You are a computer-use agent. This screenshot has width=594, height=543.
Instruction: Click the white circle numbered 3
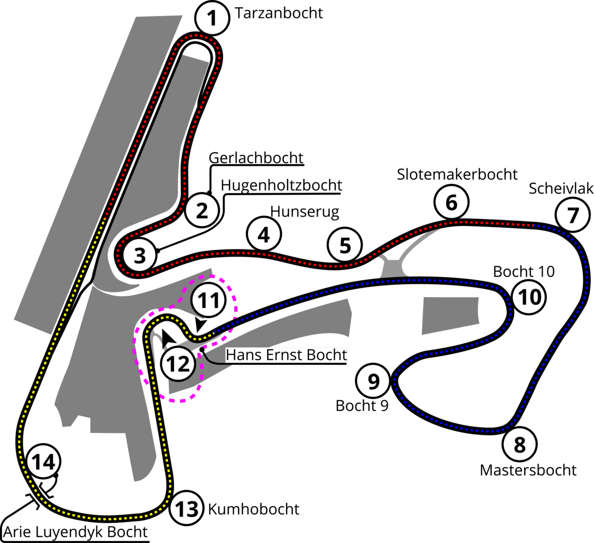point(140,256)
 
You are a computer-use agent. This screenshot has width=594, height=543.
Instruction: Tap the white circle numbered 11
point(208,300)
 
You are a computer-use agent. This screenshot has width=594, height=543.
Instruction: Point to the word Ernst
point(278,355)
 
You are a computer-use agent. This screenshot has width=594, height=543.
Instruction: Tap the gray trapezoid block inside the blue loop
point(449,315)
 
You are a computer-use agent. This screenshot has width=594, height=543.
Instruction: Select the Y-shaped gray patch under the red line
point(396,263)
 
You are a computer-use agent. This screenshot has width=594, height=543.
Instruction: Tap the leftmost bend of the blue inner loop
point(395,381)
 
